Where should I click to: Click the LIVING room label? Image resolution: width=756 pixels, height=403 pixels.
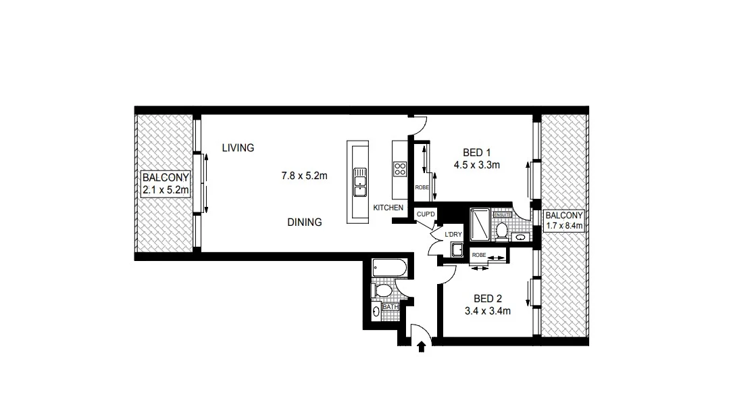238,147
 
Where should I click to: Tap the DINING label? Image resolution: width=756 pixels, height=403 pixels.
304,222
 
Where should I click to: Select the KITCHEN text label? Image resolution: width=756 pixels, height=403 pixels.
388,208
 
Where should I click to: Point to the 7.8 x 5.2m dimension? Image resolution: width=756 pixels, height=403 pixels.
304,176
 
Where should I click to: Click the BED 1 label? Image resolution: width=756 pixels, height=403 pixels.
476,153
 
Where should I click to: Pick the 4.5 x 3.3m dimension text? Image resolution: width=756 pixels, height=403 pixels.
476,165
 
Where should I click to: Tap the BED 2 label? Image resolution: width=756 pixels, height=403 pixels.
487,299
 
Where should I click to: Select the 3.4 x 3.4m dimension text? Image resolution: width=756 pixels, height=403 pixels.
487,311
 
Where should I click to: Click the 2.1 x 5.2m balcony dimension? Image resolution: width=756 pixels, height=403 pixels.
166,190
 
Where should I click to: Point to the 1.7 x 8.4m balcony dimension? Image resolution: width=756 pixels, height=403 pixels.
564,225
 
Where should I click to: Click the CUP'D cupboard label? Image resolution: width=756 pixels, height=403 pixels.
426,214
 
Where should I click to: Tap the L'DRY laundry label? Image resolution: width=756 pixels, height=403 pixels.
453,235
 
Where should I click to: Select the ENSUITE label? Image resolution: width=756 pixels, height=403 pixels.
503,215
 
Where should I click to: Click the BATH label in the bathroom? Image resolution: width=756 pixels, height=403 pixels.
390,306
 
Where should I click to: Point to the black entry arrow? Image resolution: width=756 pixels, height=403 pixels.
422,346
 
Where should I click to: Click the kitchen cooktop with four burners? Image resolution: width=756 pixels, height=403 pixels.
400,169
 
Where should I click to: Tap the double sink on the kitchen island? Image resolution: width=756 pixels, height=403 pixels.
359,182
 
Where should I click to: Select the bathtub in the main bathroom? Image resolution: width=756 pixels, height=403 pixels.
390,268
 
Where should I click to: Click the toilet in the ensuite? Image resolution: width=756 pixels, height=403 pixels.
502,230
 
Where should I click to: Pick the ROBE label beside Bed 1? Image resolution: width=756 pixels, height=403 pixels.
422,187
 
